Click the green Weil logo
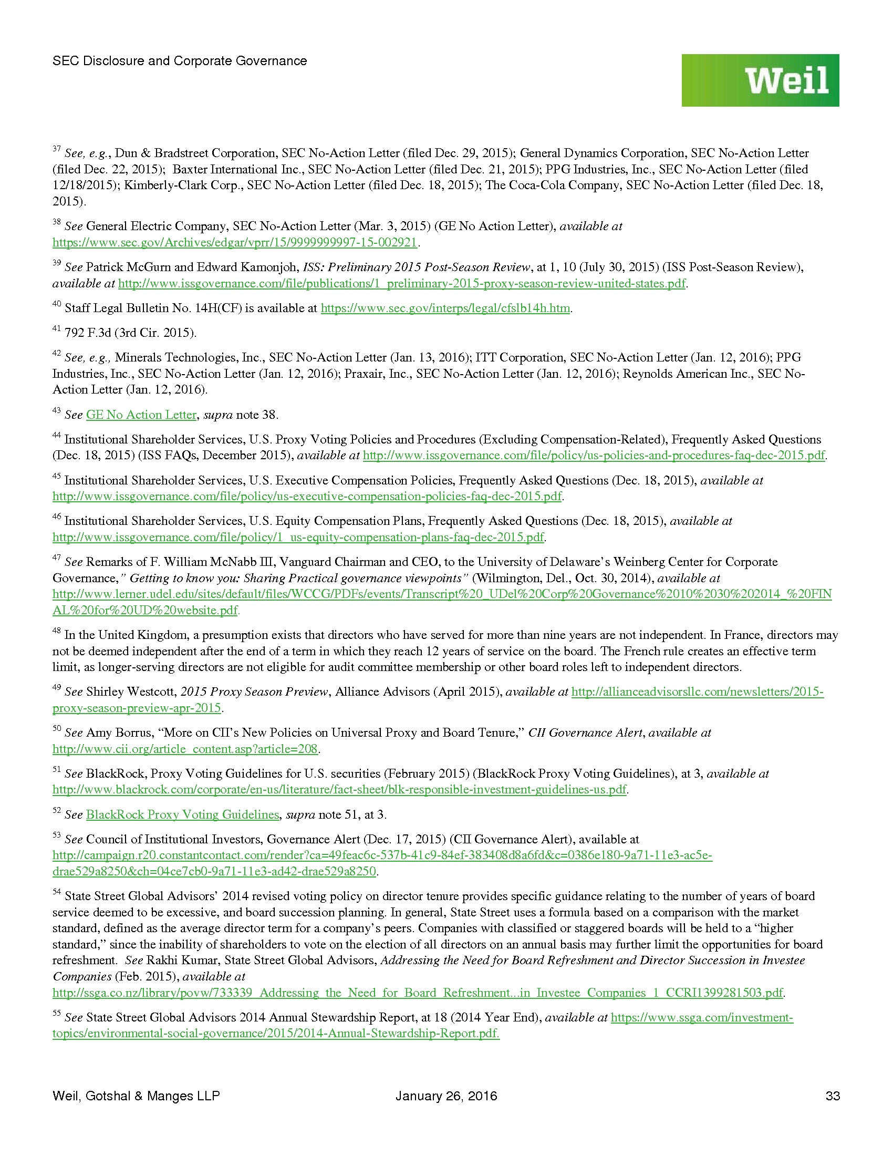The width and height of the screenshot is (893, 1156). click(760, 80)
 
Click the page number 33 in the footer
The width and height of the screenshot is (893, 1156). click(832, 1096)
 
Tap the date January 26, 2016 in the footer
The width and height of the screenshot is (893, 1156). click(446, 1096)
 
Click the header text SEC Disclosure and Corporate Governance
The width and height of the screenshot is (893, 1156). click(179, 61)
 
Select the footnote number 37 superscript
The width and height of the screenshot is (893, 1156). click(56, 149)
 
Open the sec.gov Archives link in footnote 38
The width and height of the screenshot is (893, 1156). click(235, 242)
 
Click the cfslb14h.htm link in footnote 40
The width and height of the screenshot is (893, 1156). click(445, 308)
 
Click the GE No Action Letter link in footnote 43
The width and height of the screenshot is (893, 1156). click(141, 415)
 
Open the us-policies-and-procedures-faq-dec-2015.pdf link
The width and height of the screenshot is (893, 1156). click(594, 455)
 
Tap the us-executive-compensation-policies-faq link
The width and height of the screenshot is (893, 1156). click(307, 497)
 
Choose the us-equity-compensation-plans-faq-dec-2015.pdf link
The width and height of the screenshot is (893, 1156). click(298, 537)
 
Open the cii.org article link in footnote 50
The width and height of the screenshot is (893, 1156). click(185, 749)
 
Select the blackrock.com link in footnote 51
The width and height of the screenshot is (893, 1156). click(339, 790)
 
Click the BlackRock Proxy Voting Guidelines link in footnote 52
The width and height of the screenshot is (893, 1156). click(182, 814)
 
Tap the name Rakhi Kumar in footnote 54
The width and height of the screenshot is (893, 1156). click(183, 960)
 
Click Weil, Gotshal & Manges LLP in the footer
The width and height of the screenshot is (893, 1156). click(136, 1096)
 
